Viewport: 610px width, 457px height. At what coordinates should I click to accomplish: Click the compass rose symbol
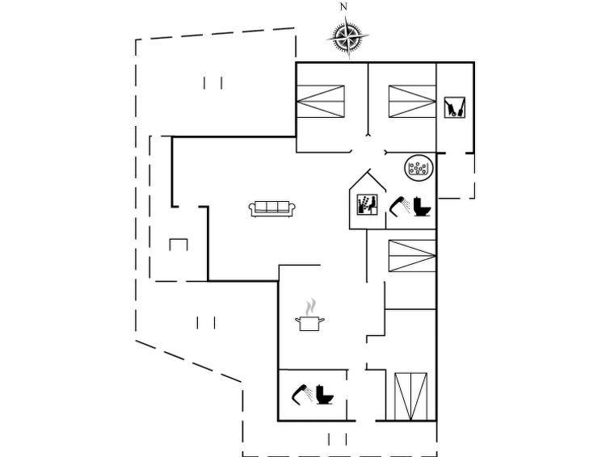tap(347, 37)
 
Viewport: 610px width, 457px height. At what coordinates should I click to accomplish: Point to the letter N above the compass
tap(343, 6)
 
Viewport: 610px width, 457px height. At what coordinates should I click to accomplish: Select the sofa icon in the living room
tap(272, 209)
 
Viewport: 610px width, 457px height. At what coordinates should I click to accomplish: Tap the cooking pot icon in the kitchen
tap(309, 323)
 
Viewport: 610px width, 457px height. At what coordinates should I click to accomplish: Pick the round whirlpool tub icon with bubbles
tap(419, 168)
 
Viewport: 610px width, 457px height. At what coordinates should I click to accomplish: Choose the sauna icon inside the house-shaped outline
tap(368, 204)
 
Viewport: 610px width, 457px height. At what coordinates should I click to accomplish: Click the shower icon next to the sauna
tap(400, 206)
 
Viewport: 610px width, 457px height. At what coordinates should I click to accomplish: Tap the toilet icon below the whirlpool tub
tap(422, 206)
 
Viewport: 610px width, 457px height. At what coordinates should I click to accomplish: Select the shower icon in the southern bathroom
tap(302, 393)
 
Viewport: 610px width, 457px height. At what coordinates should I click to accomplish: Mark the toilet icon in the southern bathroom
tap(325, 394)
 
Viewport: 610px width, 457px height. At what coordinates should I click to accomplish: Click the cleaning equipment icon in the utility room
tap(454, 107)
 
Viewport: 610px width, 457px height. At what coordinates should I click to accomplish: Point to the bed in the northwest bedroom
tap(321, 102)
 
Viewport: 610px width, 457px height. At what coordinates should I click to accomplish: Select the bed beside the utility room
tap(412, 101)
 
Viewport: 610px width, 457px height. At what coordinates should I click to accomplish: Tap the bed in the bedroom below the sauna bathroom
tap(412, 255)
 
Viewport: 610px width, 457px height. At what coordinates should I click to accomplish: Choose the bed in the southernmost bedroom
tap(410, 396)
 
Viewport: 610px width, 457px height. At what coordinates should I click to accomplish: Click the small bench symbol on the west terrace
tap(179, 245)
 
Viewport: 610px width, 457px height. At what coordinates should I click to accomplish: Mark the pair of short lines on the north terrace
tap(212, 83)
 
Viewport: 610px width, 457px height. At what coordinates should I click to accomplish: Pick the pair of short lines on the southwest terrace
tap(206, 323)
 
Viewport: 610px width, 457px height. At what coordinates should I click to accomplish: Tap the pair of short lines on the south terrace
tap(337, 439)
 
